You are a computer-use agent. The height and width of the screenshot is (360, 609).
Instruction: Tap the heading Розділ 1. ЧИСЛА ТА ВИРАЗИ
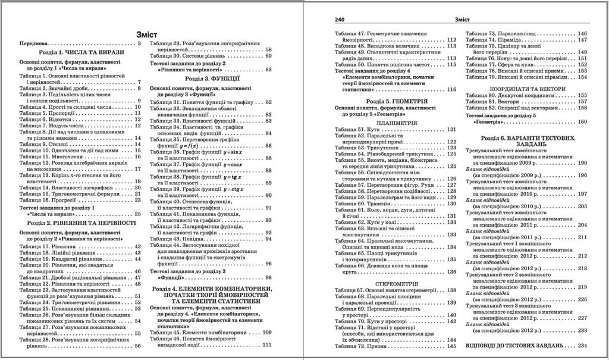click(73, 52)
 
